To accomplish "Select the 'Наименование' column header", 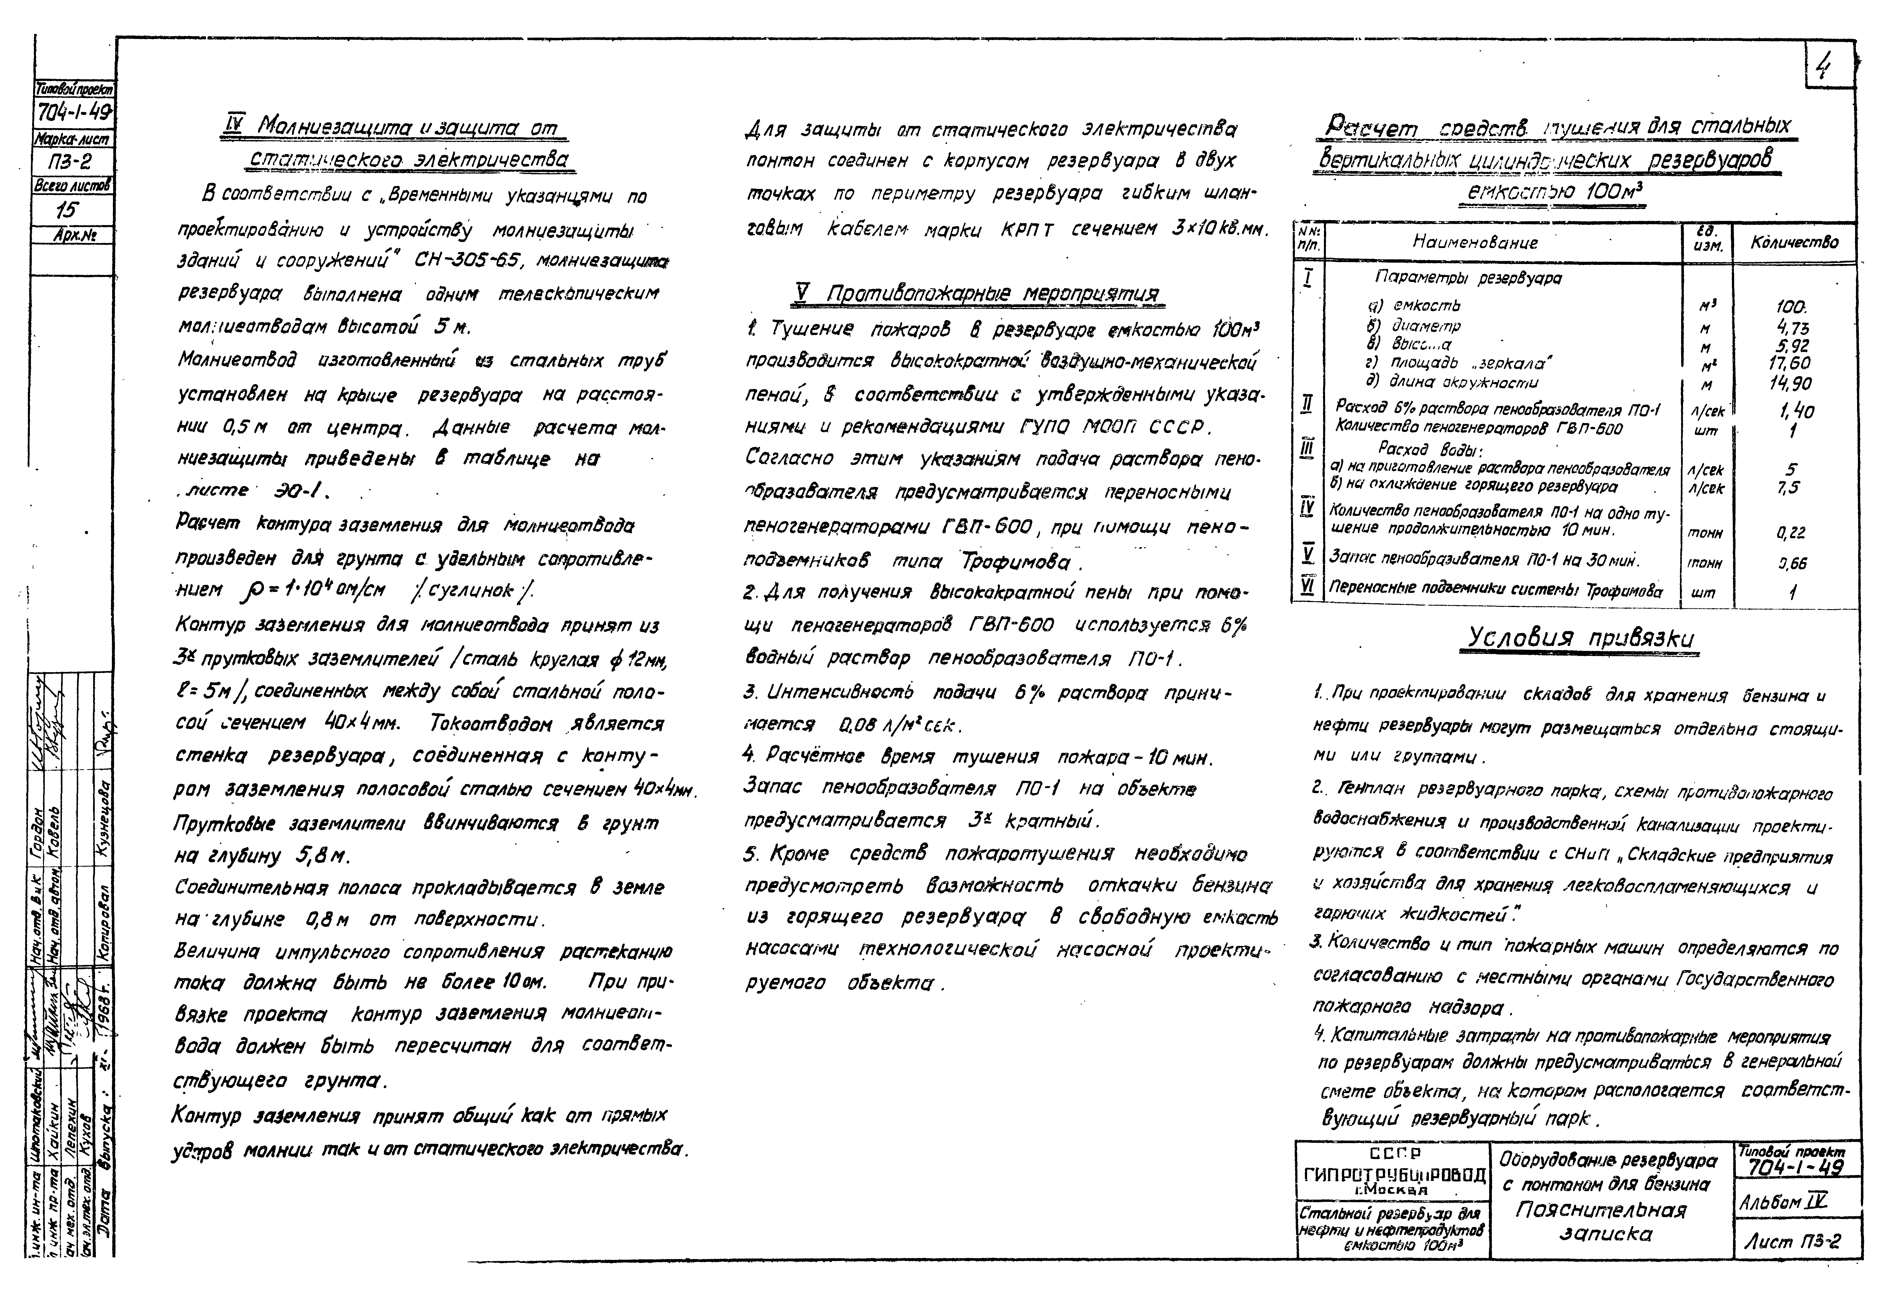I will (x=1475, y=242).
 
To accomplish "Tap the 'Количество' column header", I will (x=1794, y=242).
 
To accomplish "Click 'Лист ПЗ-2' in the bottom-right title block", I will (x=1792, y=1242).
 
